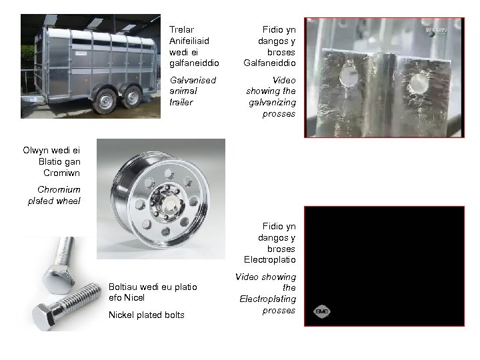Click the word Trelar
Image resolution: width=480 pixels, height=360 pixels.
[x=181, y=30]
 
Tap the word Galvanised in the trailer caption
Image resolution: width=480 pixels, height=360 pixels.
[x=193, y=80]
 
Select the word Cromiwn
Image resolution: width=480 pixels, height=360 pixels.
[x=61, y=173]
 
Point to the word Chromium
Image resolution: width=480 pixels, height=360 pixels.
[x=59, y=190]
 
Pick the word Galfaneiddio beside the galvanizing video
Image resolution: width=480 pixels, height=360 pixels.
[x=270, y=63]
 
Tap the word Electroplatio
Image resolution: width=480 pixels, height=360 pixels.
[x=270, y=260]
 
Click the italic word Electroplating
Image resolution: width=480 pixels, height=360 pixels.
[x=268, y=299]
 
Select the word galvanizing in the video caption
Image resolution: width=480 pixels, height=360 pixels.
[x=272, y=103]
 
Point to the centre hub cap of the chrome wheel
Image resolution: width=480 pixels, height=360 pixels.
[x=169, y=204]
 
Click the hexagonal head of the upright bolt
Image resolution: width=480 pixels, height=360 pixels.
[x=59, y=279]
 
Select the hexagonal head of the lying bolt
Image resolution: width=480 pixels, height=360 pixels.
[x=44, y=317]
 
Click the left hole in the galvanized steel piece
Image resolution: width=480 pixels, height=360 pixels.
[x=349, y=75]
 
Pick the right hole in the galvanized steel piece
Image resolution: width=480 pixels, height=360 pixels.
[x=419, y=83]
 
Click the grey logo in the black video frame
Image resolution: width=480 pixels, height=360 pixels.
[x=322, y=311]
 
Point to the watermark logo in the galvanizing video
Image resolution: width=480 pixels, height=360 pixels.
[x=437, y=31]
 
